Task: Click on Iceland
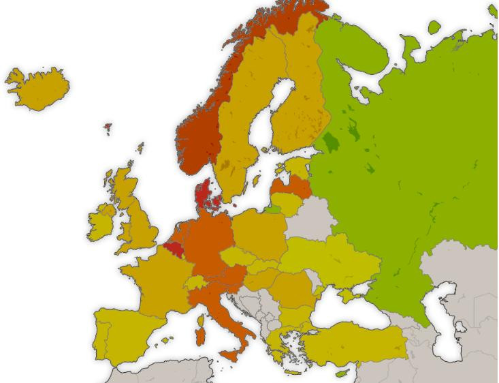[37, 89]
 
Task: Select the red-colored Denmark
[204, 194]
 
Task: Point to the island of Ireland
[102, 221]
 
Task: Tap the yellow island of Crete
[292, 372]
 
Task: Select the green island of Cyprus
[342, 372]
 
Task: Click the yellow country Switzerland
[195, 281]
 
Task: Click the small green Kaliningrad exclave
[272, 209]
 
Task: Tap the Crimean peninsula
[349, 295]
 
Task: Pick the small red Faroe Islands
[108, 127]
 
